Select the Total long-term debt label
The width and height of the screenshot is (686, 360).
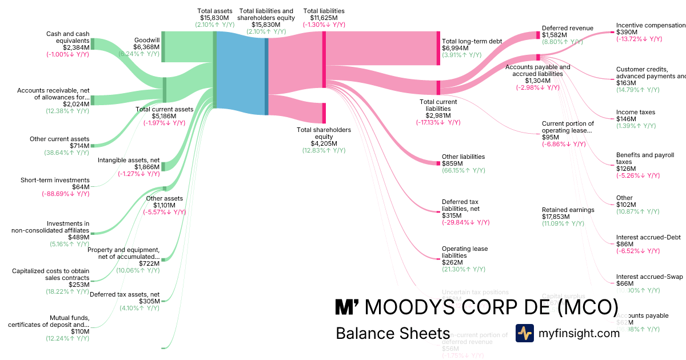click(472, 41)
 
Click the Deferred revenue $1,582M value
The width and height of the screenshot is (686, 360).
click(555, 35)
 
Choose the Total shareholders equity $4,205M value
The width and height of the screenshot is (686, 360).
click(324, 143)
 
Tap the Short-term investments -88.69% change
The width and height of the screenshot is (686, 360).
click(65, 194)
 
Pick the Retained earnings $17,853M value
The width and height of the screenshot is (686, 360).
click(559, 217)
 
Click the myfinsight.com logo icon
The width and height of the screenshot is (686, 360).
click(525, 333)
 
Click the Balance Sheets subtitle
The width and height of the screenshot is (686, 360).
click(393, 334)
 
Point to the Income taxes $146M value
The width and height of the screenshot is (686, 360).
click(627, 119)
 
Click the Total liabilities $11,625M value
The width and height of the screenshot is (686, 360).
click(324, 18)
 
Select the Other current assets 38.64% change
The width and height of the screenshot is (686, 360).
click(66, 153)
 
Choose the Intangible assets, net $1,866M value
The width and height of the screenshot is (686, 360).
click(146, 167)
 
